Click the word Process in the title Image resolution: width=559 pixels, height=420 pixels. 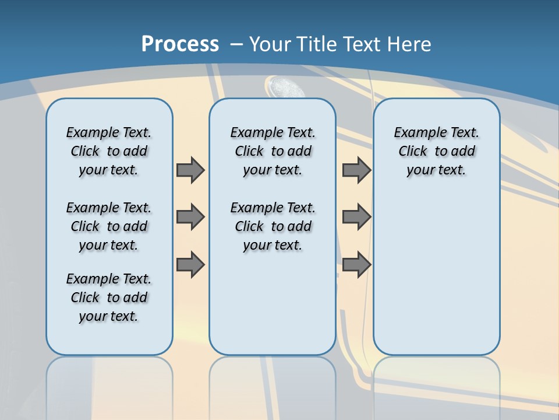pos(180,44)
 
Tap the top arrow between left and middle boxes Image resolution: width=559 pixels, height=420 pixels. pos(190,170)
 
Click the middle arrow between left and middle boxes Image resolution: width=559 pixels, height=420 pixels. pos(190,217)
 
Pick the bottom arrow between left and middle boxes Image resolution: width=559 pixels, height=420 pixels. pos(190,264)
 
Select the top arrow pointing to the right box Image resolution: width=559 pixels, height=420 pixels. pos(356,170)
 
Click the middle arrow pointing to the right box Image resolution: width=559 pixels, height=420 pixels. pos(356,217)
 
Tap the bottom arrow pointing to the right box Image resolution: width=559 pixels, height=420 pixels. pos(356,264)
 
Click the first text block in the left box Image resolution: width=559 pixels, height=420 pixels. pos(109,151)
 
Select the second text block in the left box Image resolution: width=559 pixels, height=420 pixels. pos(109,226)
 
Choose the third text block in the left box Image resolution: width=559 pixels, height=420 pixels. pos(109,297)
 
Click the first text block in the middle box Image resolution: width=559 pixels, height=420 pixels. pos(273,151)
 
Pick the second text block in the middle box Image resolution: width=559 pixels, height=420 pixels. pos(273,226)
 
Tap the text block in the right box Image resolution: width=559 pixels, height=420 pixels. pos(437,151)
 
